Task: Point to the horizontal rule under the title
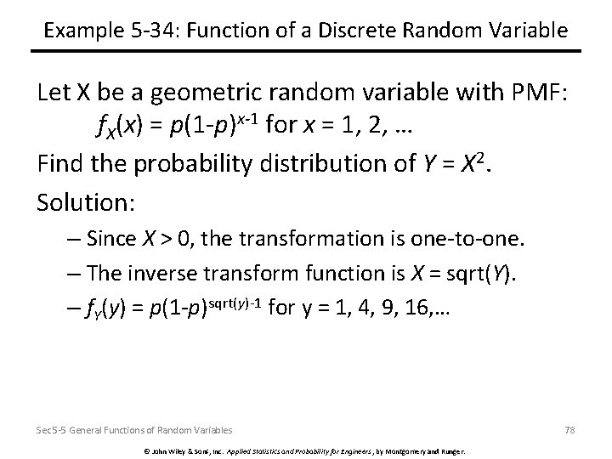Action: pos(306,53)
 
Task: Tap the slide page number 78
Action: pos(569,430)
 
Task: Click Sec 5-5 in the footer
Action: pos(49,430)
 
